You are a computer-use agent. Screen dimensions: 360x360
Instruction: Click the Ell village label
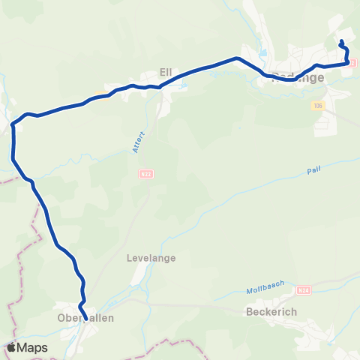(166, 72)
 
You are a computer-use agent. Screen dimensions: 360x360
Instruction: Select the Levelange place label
(156, 258)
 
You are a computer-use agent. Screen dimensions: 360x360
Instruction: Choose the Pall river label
(313, 171)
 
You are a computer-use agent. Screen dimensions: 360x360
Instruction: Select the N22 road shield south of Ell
(145, 174)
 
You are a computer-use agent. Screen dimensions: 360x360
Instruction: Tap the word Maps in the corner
(32, 348)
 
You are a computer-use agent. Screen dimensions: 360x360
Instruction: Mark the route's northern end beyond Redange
(342, 41)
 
